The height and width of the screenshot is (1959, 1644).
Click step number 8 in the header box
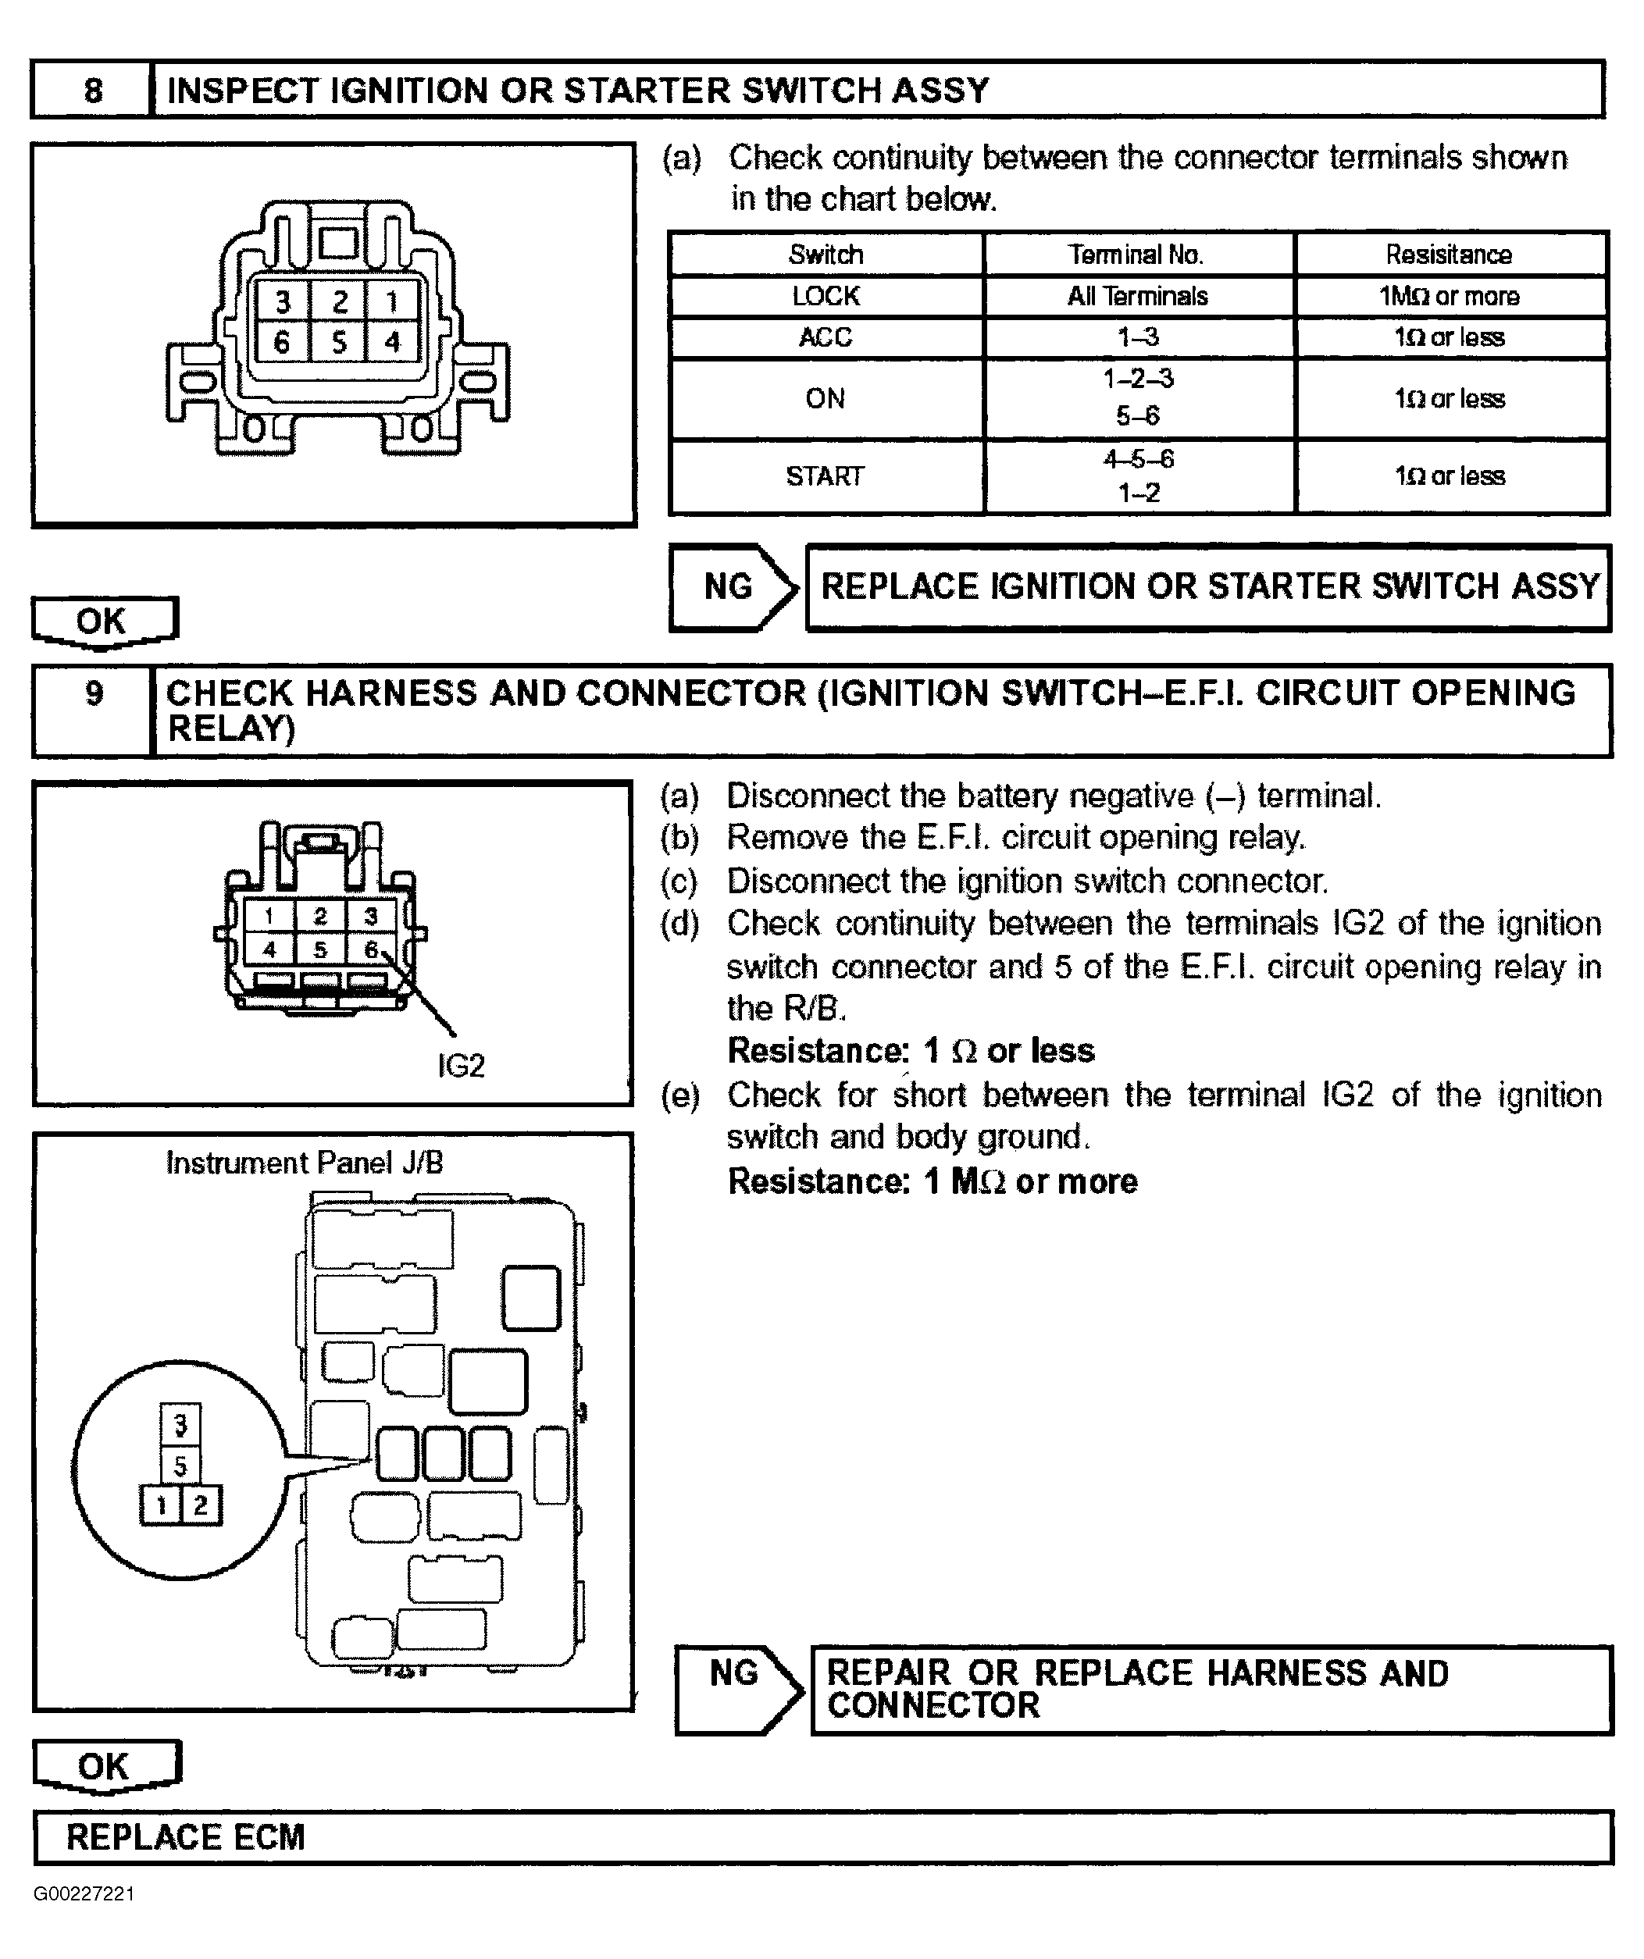92,91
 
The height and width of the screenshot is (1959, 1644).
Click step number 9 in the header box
93,693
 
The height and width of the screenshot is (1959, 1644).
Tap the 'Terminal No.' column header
1136,255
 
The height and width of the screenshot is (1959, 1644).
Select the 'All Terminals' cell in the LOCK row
1137,297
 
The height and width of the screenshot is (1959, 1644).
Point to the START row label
825,477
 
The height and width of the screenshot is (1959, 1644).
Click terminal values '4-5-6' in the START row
1138,459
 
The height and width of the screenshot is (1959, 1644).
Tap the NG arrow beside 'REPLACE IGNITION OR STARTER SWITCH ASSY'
733,587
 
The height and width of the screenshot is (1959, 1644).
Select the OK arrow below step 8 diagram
102,622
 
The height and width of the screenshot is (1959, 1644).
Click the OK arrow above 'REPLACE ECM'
105,1767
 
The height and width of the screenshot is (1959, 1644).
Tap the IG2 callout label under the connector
461,1065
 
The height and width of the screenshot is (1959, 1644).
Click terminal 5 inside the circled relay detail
181,1466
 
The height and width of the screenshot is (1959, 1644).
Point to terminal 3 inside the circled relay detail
181,1424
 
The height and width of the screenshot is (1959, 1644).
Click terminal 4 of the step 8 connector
393,341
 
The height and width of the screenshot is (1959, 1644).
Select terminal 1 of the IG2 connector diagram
269,916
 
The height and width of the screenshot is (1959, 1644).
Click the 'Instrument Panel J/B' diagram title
304,1163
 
